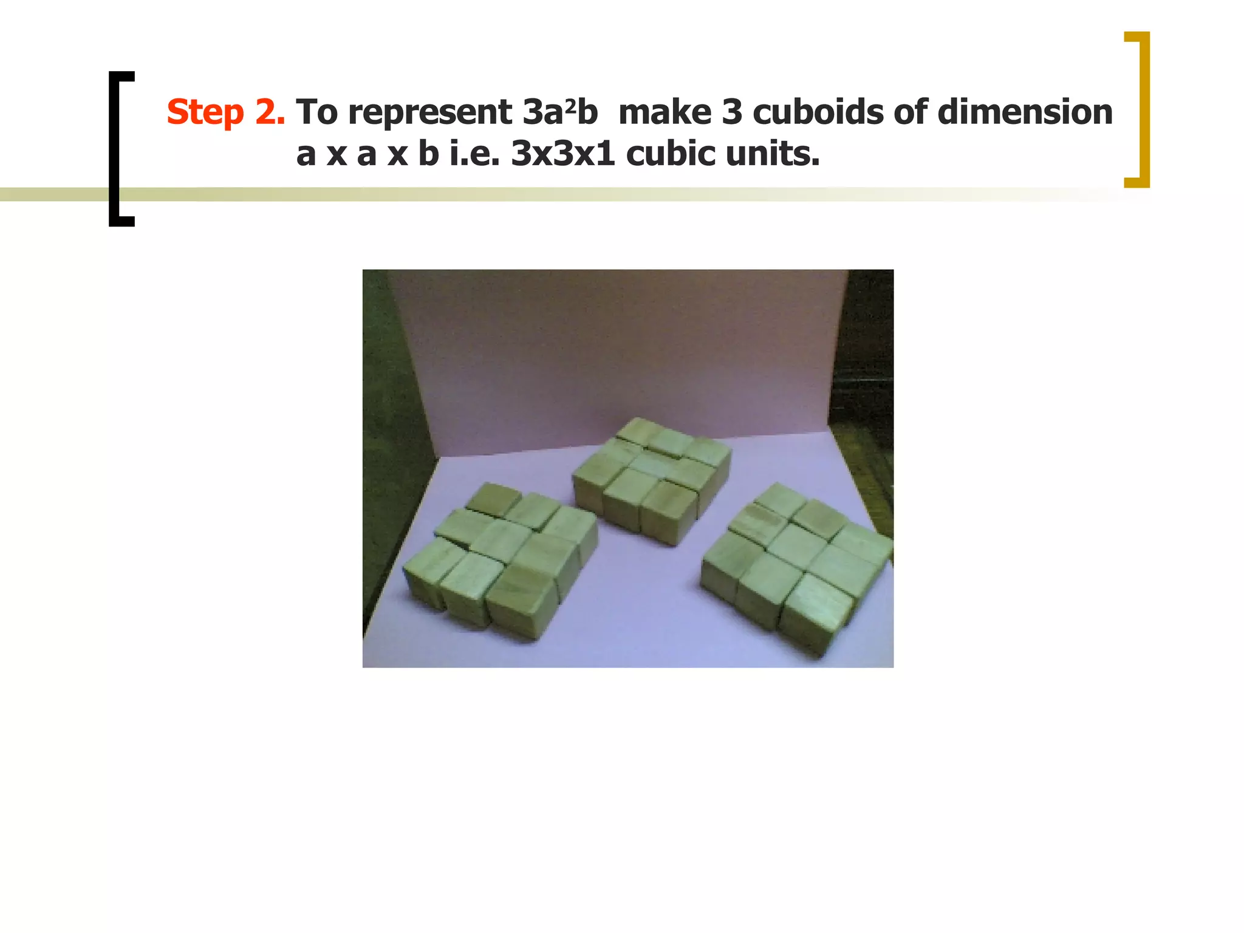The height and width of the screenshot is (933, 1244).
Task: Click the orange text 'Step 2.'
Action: (x=225, y=112)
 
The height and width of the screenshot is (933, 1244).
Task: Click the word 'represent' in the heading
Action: (x=429, y=114)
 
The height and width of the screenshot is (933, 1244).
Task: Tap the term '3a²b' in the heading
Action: (x=559, y=112)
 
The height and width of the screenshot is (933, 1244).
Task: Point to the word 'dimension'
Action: (x=1025, y=112)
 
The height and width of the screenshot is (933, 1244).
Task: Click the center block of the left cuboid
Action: (x=501, y=538)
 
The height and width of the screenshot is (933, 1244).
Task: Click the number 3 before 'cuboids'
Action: (x=732, y=112)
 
